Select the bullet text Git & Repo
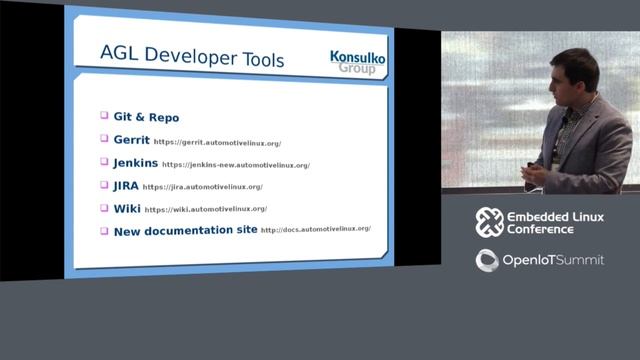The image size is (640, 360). [x=147, y=118]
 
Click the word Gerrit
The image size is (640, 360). [x=131, y=141]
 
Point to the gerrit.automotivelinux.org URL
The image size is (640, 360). [x=217, y=143]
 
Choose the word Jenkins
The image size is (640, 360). [x=136, y=163]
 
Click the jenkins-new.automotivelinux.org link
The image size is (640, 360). [x=236, y=165]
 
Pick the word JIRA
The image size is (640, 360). [x=126, y=185]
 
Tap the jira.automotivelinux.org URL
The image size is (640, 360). [x=203, y=187]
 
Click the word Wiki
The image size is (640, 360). [x=127, y=208]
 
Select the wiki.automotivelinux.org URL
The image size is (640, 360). [x=206, y=209]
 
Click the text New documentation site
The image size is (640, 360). [x=184, y=230]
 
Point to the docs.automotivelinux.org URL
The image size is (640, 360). [x=316, y=229]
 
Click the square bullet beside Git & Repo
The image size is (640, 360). [x=104, y=117]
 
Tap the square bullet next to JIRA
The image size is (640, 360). [x=104, y=185]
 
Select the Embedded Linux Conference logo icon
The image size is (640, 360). [x=489, y=222]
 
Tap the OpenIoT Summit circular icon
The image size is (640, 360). [x=487, y=260]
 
